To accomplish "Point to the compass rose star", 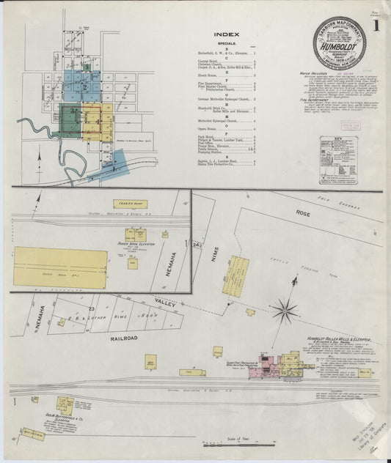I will click(x=286, y=310).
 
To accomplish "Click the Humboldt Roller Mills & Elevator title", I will click(x=337, y=339).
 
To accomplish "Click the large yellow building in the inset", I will click(x=60, y=267).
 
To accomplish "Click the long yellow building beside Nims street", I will click(x=236, y=274).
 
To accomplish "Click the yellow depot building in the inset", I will click(x=130, y=204).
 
